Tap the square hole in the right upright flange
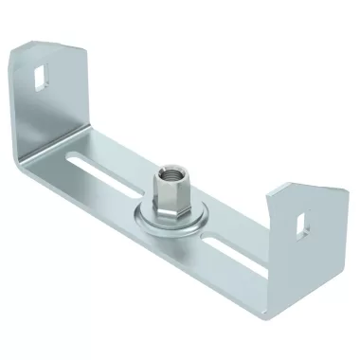302,223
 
